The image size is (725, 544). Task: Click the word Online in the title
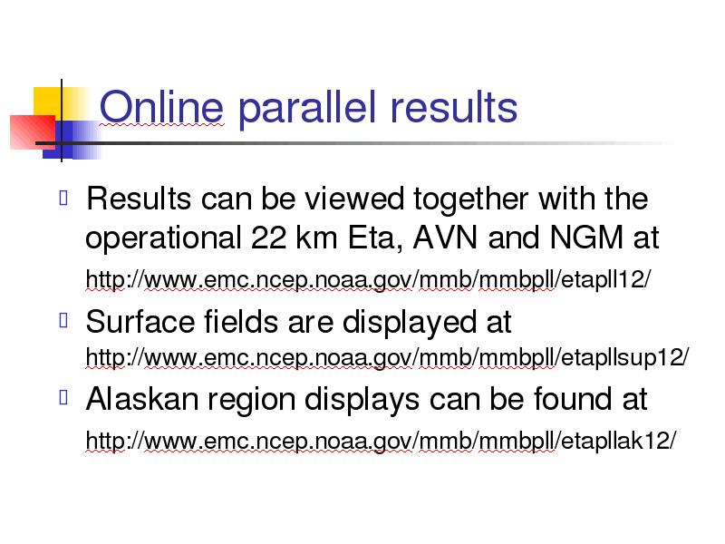(161, 107)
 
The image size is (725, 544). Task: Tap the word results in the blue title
(454, 107)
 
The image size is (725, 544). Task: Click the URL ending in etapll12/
(368, 280)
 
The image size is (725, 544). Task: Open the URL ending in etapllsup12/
(388, 357)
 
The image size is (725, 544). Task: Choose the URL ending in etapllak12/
(381, 441)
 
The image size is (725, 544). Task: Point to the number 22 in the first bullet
(268, 238)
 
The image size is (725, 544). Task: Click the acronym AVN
(445, 238)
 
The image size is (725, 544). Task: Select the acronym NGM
(586, 238)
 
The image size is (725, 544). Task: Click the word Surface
(140, 322)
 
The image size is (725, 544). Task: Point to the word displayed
(410, 324)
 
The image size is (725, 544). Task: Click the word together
(471, 200)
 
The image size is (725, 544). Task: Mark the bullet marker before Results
(63, 198)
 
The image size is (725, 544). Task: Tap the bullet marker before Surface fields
(63, 320)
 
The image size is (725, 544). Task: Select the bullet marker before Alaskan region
(63, 397)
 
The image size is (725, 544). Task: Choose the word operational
(163, 239)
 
